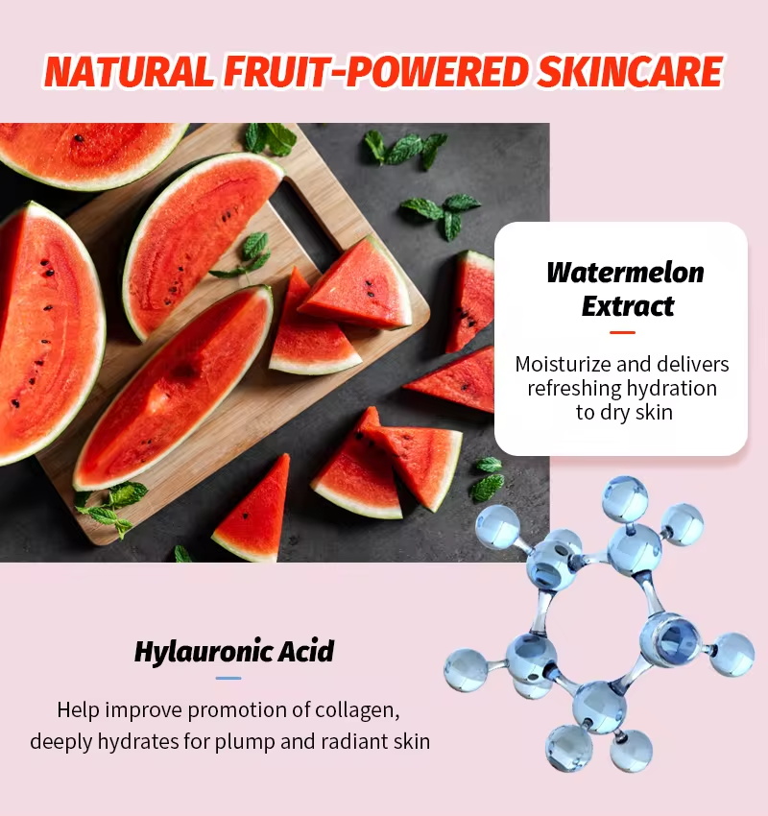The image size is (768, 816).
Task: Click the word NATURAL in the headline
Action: pyautogui.click(x=129, y=71)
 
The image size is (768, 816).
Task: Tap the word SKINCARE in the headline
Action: pyautogui.click(x=630, y=71)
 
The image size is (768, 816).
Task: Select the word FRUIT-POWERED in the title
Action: pyautogui.click(x=375, y=71)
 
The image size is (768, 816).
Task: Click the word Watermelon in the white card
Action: pyautogui.click(x=625, y=273)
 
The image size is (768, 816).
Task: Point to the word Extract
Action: pyautogui.click(x=628, y=306)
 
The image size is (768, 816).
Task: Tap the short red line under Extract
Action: pyautogui.click(x=622, y=332)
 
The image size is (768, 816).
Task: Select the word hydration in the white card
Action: pyautogui.click(x=671, y=388)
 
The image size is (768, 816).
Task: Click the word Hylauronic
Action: pyautogui.click(x=203, y=652)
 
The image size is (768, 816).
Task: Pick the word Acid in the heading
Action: pyautogui.click(x=305, y=651)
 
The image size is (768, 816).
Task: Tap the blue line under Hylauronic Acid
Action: pyautogui.click(x=228, y=678)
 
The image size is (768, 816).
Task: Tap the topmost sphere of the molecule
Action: pyautogui.click(x=625, y=499)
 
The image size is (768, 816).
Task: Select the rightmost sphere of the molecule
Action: pyautogui.click(x=732, y=654)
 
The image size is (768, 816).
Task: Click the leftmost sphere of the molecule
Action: pyautogui.click(x=467, y=670)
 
